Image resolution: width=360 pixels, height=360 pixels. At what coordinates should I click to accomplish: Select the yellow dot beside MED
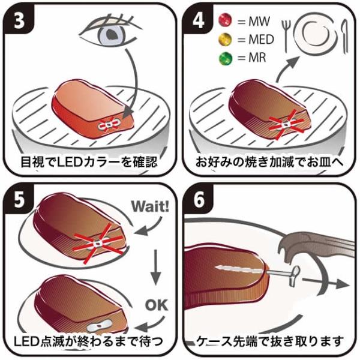pyautogui.click(x=225, y=40)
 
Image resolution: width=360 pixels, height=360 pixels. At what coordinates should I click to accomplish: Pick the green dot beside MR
pyautogui.click(x=225, y=59)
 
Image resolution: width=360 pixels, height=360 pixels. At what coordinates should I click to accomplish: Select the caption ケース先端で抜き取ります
pyautogui.click(x=270, y=341)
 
